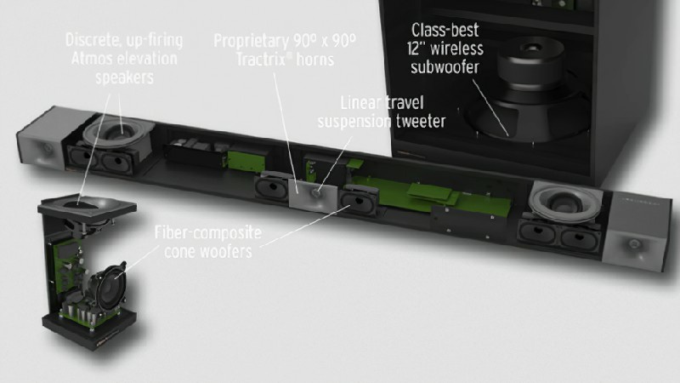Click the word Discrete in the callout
[x=93, y=40]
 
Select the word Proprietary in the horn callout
[x=251, y=41]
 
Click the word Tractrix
[x=264, y=60]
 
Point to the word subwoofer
[x=445, y=67]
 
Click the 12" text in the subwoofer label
[x=416, y=49]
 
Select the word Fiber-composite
[x=208, y=232]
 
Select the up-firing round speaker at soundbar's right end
[x=564, y=200]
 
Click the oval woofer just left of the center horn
[x=272, y=186]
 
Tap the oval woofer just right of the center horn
[x=359, y=200]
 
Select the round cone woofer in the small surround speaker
[x=109, y=286]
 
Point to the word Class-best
[x=445, y=31]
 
